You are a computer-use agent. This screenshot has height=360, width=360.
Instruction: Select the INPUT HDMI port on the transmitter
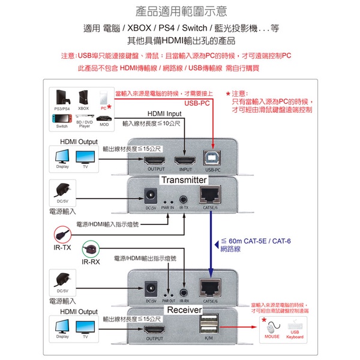(184, 161)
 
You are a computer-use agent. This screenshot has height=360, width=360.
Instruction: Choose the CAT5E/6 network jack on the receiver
(209, 289)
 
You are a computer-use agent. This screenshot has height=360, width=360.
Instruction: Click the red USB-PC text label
(199, 104)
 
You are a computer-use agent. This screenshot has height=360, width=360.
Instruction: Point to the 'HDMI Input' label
(164, 113)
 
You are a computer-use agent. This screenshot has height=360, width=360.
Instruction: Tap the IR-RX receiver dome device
(91, 247)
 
